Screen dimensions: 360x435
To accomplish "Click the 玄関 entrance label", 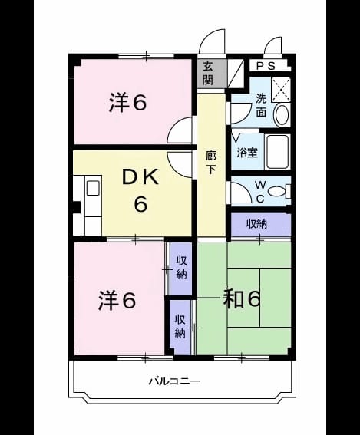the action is (x=208, y=73).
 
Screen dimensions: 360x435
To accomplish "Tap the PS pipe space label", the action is (x=266, y=66).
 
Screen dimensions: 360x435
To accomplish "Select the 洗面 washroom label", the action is (x=261, y=105).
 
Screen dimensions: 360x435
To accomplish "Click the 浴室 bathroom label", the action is (x=247, y=153).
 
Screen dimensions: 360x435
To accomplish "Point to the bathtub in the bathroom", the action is (x=277, y=152).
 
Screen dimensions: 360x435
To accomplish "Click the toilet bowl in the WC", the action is (x=277, y=191).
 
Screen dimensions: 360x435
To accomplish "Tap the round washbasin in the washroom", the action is (x=282, y=116).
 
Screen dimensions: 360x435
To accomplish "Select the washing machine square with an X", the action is (x=281, y=90).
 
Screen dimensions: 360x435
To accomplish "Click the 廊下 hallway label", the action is (x=210, y=163).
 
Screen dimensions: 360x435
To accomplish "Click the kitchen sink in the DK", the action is (x=93, y=187).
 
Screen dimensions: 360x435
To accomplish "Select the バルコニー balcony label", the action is (x=174, y=381).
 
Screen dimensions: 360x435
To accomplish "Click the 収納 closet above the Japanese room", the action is (x=257, y=223).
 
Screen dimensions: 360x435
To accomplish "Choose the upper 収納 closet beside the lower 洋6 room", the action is (x=181, y=269).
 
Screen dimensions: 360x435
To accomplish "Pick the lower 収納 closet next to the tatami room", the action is (x=180, y=327).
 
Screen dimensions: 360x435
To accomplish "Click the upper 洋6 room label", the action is (x=127, y=102).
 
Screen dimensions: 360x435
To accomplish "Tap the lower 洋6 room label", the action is (x=117, y=301).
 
